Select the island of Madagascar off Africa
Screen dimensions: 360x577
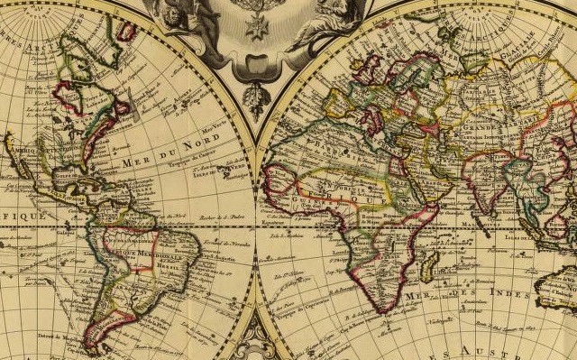point(429,263)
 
